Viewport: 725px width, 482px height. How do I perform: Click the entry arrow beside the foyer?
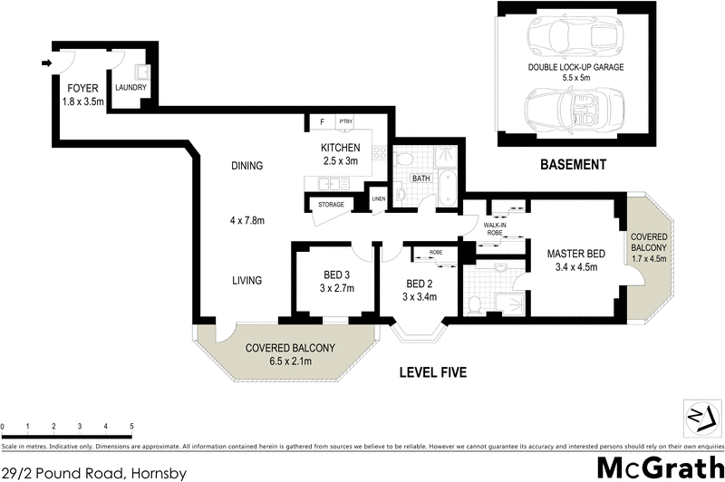click(x=46, y=63)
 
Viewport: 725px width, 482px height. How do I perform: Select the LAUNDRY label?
click(x=130, y=88)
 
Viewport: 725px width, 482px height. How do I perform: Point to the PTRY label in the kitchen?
click(x=345, y=121)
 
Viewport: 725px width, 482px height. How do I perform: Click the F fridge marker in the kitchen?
click(x=321, y=121)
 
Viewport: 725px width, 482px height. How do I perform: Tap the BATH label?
click(x=421, y=178)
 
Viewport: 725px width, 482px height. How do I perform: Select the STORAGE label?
click(x=331, y=205)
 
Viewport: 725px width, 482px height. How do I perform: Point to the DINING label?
click(x=246, y=166)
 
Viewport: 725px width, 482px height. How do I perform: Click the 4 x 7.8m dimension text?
click(x=246, y=220)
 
